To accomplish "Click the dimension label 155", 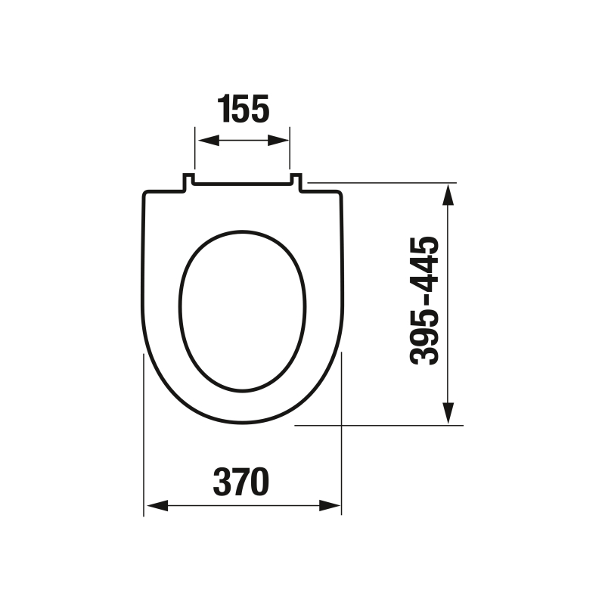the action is [x=244, y=109].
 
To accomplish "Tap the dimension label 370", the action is [x=241, y=482].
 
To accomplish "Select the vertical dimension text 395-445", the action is [x=424, y=301].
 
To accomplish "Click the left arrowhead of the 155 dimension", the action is [x=208, y=141].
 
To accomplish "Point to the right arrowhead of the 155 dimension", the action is [x=278, y=141].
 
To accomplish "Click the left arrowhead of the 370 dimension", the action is [x=157, y=505].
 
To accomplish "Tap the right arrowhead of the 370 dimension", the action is [x=330, y=505].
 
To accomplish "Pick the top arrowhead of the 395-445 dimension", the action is [x=448, y=195].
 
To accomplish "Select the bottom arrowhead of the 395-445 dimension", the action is [x=448, y=413].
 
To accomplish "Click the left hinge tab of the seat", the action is [x=188, y=182].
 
